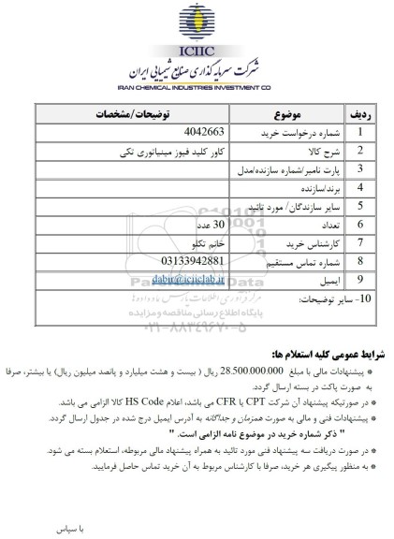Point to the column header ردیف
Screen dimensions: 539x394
point(361,114)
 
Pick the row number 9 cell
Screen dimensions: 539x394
point(361,278)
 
